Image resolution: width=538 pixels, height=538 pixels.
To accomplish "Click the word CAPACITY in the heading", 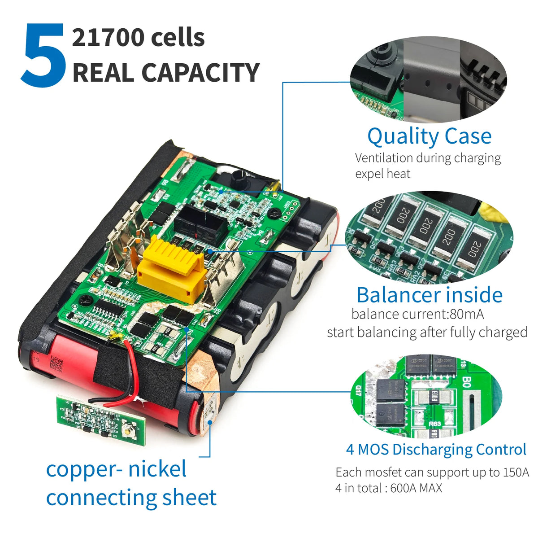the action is point(200,72).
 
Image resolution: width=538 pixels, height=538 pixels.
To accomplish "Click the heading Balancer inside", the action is point(430,295).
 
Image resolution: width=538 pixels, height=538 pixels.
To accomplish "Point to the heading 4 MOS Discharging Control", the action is point(436,450).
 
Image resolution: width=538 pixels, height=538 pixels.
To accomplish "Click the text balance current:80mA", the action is point(418,314).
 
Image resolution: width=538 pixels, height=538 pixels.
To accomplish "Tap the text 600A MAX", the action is point(416,488).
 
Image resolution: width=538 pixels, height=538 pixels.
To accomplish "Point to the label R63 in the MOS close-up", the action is point(435,424).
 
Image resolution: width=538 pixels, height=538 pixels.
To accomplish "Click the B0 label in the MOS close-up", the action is point(467,381).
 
